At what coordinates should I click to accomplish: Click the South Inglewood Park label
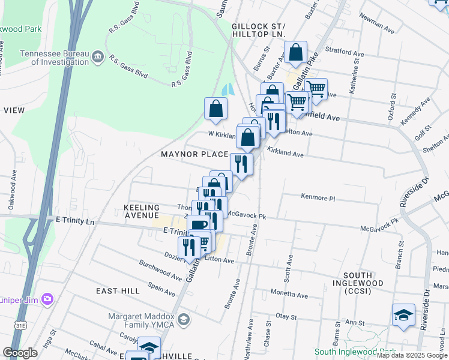355,352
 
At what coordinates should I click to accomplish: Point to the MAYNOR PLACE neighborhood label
194,155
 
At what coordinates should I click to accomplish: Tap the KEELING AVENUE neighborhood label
141,211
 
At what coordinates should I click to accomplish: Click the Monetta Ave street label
289,295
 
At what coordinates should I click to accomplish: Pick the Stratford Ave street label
345,53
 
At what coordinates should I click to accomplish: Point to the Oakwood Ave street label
13,180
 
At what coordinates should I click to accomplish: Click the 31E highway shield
20,325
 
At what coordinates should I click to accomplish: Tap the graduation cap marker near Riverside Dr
403,316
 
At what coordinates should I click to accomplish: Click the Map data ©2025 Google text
412,355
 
